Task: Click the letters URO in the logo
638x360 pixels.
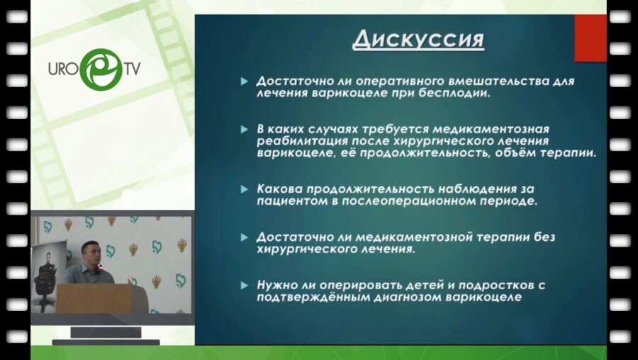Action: click(x=63, y=69)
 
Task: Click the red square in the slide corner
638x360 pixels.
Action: click(x=590, y=38)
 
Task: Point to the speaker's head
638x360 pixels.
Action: click(x=89, y=253)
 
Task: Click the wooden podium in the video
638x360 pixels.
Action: click(x=94, y=298)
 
